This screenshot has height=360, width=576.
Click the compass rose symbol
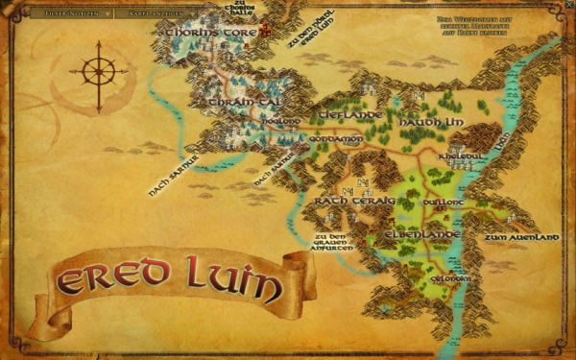pyautogui.click(x=98, y=71)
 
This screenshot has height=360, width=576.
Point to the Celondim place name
pyautogui.click(x=450, y=278)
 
